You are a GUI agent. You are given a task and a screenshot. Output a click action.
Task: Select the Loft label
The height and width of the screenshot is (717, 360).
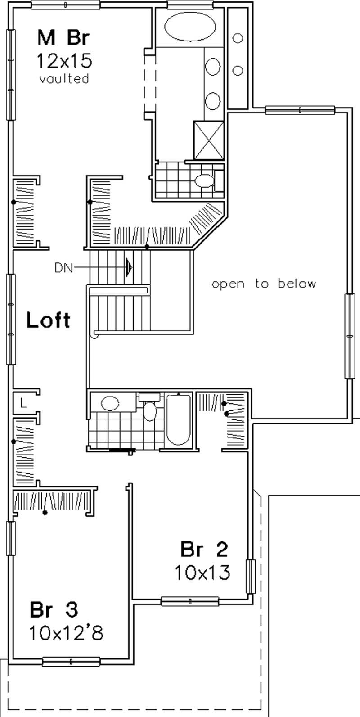pos(48,320)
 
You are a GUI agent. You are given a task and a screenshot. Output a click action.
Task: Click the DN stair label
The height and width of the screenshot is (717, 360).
pos(63,268)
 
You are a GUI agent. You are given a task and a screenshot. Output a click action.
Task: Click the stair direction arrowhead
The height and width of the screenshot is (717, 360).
pos(130,267)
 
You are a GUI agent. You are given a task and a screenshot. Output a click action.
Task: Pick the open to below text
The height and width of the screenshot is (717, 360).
pos(264,284)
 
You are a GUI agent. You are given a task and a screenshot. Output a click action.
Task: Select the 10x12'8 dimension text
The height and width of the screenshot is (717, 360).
pos(66,633)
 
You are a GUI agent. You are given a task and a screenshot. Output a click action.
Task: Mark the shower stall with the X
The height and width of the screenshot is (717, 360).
pos(209,140)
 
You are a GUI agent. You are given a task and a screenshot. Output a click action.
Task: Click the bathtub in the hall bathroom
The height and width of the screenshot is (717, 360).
pos(179,419)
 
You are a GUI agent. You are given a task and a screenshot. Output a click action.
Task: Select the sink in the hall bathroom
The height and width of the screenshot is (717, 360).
pos(110,402)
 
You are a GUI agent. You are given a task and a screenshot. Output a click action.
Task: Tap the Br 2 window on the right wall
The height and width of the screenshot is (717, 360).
pos(250,576)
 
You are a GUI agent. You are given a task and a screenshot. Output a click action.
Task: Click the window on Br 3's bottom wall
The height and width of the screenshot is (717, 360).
pos(71,662)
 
